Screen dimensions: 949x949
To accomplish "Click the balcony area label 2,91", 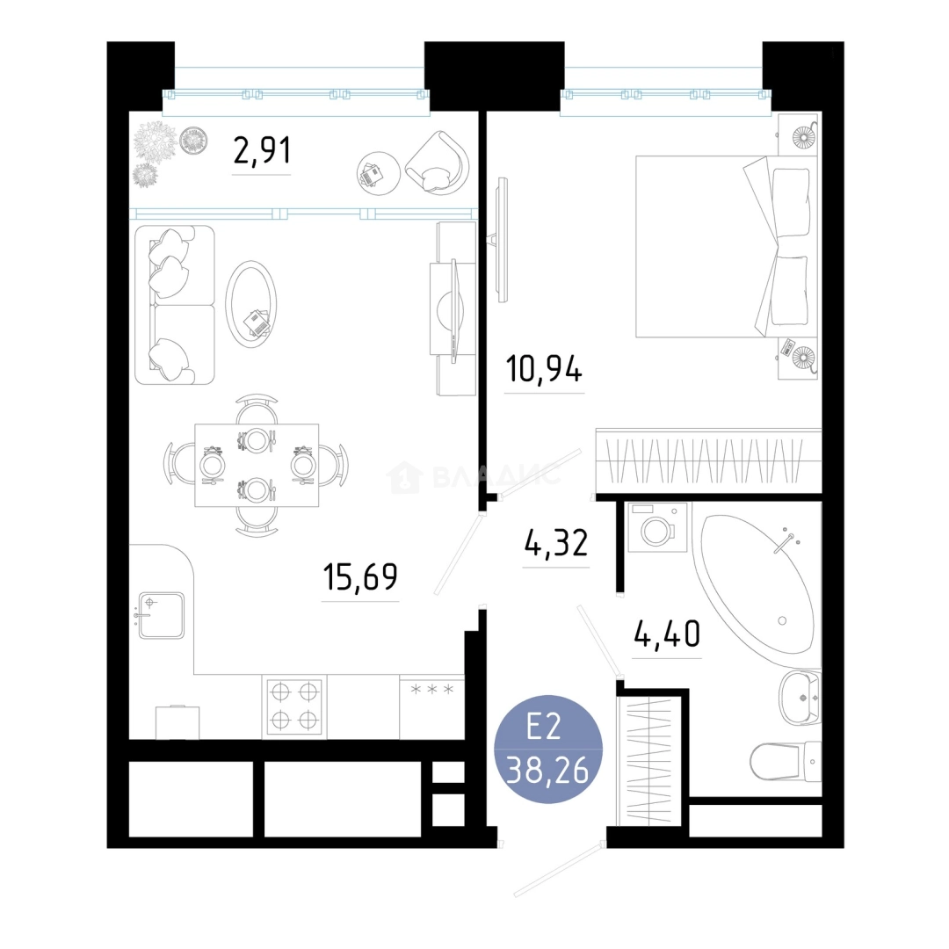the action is (262, 151).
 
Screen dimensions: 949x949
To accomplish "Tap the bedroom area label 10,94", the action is (544, 369).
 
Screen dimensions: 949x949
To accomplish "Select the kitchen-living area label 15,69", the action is (360, 576).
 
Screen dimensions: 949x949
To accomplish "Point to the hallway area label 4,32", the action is (555, 542).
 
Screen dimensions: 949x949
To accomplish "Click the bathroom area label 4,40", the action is (667, 633).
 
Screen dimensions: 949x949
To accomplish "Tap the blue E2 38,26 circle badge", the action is (548, 750).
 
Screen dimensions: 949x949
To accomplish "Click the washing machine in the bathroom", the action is (658, 527).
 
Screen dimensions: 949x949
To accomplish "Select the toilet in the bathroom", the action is (786, 761).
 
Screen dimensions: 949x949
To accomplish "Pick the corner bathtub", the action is (757, 584).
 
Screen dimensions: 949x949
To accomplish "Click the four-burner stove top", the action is (294, 706).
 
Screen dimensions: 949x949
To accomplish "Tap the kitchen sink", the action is (161, 615).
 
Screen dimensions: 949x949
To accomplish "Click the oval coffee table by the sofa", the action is (251, 304).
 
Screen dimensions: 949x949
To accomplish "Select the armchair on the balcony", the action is (438, 163).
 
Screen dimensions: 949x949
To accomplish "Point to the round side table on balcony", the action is (378, 173).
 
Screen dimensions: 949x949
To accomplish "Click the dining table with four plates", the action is (257, 465).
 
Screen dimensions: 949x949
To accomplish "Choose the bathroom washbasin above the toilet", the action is (800, 698).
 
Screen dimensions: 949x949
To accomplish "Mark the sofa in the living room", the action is (175, 305).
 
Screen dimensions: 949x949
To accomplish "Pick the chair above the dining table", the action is (257, 409).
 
